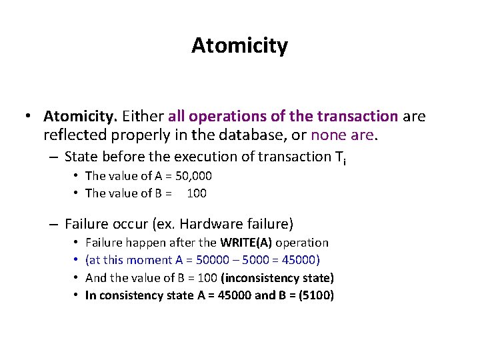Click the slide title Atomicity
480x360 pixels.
click(x=239, y=46)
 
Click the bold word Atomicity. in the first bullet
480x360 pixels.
click(x=81, y=117)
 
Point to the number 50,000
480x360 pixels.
click(x=191, y=176)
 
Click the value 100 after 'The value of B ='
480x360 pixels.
click(x=197, y=193)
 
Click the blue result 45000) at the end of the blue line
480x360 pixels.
click(x=299, y=260)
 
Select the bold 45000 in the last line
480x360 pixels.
click(x=234, y=295)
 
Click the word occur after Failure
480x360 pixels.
click(x=131, y=224)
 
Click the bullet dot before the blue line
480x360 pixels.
click(x=77, y=260)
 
